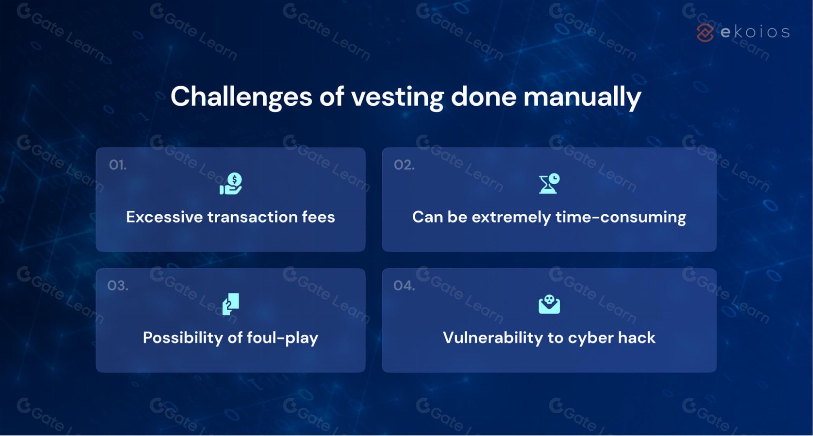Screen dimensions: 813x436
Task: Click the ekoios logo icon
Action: [705, 32]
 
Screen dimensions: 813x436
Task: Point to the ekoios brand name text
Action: [755, 32]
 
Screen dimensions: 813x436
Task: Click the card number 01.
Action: [118, 165]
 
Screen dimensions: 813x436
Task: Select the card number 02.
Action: [404, 165]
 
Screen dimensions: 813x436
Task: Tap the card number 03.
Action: [118, 286]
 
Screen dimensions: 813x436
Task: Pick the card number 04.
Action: [404, 286]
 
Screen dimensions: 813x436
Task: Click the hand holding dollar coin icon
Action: [231, 183]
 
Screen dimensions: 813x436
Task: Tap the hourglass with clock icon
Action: [549, 183]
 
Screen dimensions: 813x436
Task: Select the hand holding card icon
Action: [231, 304]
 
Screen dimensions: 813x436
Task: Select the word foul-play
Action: [282, 338]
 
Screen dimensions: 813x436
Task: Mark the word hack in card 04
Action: [636, 338]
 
